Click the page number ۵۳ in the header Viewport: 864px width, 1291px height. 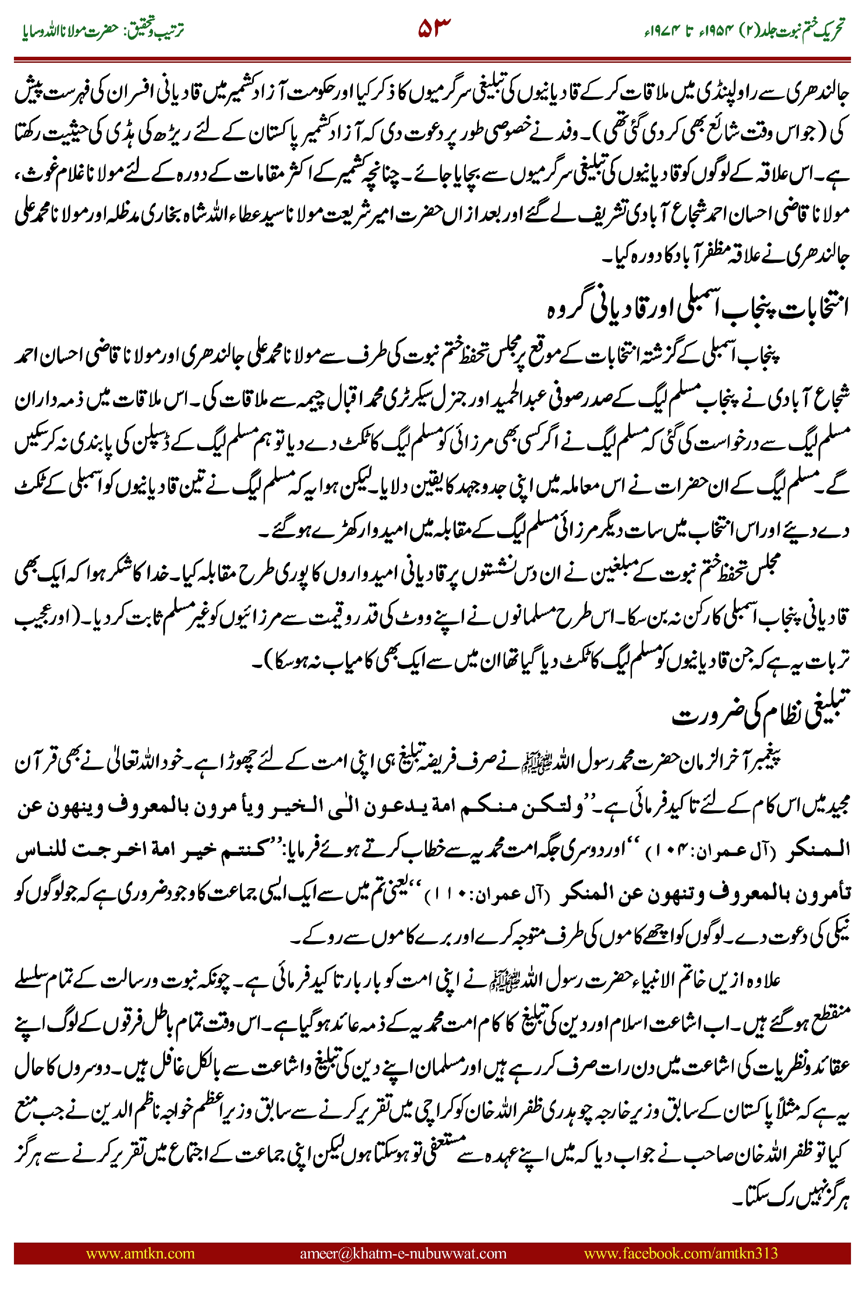pos(434,27)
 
